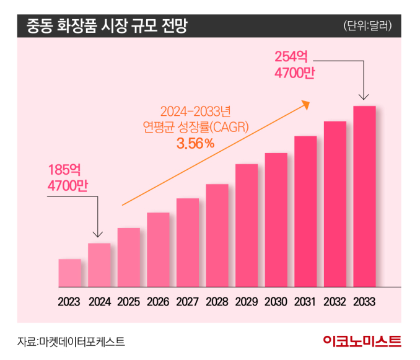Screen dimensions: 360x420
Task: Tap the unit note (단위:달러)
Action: click(x=370, y=27)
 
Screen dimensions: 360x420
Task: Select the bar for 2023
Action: click(x=70, y=273)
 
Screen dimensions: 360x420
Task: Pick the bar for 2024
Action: click(x=99, y=265)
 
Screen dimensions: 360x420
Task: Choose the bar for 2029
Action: click(x=247, y=226)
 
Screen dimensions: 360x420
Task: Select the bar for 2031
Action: click(x=305, y=211)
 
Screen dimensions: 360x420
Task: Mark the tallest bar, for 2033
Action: click(x=364, y=196)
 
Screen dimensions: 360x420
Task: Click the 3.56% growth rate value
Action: click(x=195, y=144)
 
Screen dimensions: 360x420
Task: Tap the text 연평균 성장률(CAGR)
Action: click(x=195, y=128)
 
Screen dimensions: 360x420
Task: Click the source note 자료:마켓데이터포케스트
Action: click(x=71, y=341)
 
